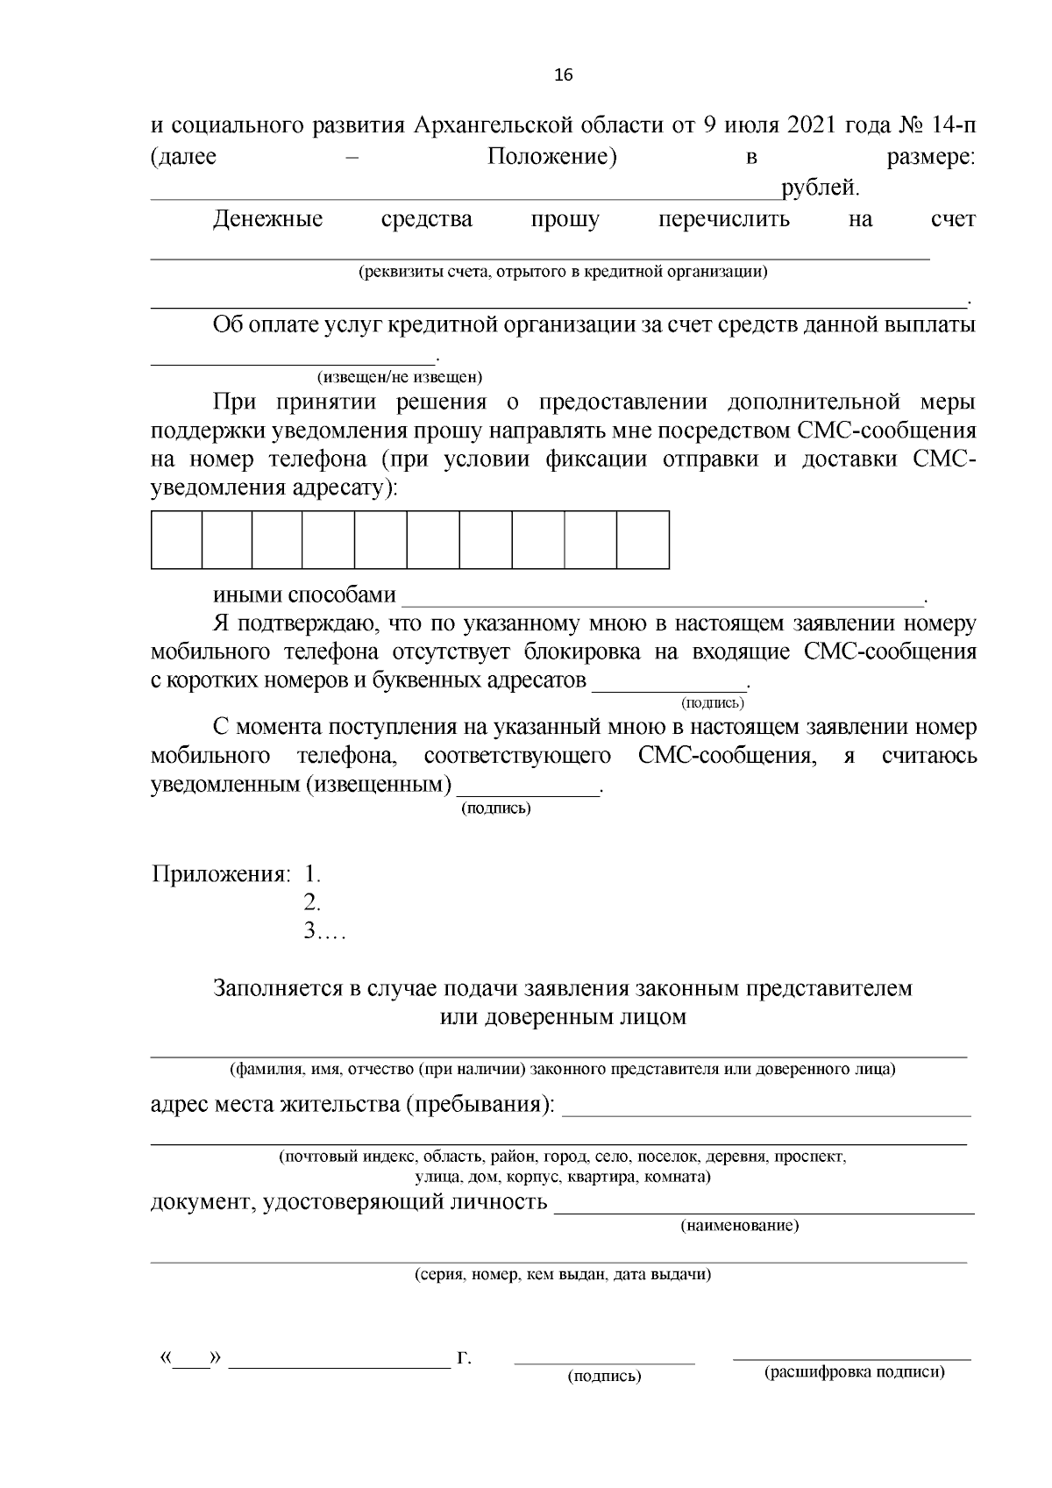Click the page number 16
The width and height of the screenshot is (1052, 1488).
pos(563,75)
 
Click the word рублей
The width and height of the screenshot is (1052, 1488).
pos(821,187)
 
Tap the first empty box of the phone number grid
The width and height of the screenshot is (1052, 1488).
pos(176,540)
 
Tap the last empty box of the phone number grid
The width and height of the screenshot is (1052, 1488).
pos(643,540)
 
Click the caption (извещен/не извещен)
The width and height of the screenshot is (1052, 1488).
pos(400,378)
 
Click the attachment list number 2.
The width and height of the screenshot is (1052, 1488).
pos(312,902)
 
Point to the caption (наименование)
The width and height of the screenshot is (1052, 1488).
pos(740,1225)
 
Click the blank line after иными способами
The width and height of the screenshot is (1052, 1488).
pos(662,599)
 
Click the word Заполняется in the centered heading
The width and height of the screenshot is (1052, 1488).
pos(276,988)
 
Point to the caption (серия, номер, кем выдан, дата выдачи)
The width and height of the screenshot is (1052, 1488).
pos(563,1274)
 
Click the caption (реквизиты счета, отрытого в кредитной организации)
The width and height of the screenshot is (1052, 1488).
pos(563,272)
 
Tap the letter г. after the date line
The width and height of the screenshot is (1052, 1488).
pos(464,1359)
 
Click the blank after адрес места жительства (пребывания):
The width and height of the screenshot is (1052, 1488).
pos(765,1107)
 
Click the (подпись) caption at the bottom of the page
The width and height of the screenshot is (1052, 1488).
pos(605,1377)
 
